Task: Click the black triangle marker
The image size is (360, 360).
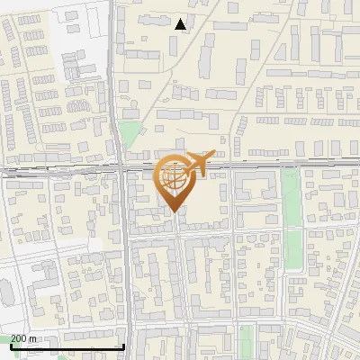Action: (181, 24)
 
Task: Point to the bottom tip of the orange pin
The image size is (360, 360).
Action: (173, 211)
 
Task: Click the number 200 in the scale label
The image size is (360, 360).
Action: (18, 338)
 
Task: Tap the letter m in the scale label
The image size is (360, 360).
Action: (33, 338)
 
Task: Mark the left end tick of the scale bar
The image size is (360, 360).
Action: (12, 345)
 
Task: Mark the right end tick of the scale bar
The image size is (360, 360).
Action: (123, 345)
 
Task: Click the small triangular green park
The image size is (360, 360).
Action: (130, 135)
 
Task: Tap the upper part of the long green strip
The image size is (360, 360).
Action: (290, 184)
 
